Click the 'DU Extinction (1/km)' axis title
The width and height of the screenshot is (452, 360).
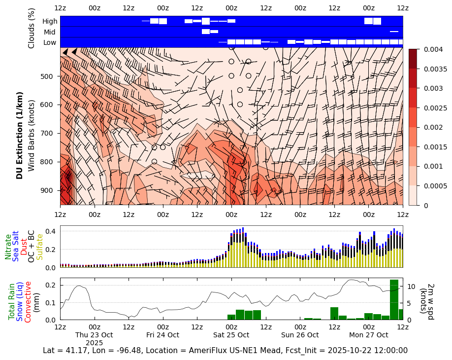pyautogui.click(x=20, y=135)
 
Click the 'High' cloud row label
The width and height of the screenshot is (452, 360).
pyautogui.click(x=50, y=21)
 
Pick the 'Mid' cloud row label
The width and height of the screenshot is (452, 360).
pyautogui.click(x=50, y=32)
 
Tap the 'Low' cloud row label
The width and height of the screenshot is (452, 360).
pyautogui.click(x=50, y=42)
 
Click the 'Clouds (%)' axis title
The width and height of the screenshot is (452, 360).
pyautogui.click(x=32, y=28)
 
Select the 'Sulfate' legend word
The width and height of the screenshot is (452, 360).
pyautogui.click(x=40, y=247)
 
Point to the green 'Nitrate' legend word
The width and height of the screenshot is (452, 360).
pyautogui.click(x=8, y=247)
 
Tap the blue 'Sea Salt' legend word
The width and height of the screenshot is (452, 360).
pyautogui.click(x=16, y=245)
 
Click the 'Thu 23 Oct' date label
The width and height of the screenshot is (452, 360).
pyautogui.click(x=94, y=335)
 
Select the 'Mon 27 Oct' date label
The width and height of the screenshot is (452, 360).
pyautogui.click(x=368, y=335)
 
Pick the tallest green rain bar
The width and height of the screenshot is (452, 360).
pyautogui.click(x=394, y=299)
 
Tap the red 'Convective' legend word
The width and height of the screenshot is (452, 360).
pyautogui.click(x=28, y=302)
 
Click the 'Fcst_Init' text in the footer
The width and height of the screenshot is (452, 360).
pyautogui.click(x=322, y=351)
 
